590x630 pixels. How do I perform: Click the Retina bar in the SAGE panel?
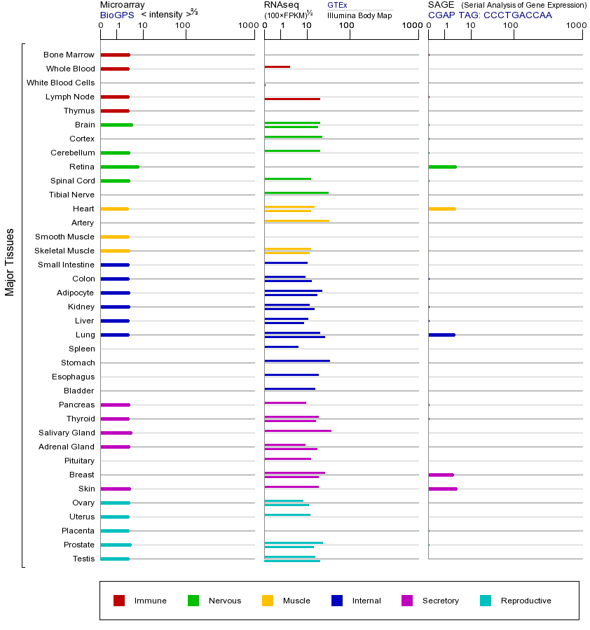[x=442, y=167]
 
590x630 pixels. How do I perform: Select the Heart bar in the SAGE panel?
[x=441, y=209]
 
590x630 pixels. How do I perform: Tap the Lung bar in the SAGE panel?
[x=441, y=335]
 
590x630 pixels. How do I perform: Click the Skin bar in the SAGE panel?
[x=442, y=489]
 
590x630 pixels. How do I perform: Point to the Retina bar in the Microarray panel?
[x=120, y=167]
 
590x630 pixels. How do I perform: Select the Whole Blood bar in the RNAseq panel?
[x=277, y=66]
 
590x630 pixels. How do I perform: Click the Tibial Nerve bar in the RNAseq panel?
[x=296, y=192]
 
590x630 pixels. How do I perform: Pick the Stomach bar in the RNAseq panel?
[x=297, y=360]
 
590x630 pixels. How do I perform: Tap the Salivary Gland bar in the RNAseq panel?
[x=298, y=430]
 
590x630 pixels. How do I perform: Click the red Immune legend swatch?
[x=119, y=601]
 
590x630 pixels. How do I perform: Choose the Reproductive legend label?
[x=526, y=601]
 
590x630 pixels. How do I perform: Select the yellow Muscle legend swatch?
[x=268, y=601]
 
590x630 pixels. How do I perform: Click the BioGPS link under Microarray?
[x=116, y=15]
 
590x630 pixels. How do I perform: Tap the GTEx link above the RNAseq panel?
[x=337, y=5]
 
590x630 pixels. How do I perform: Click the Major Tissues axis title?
[x=10, y=262]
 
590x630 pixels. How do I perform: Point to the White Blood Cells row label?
[x=60, y=83]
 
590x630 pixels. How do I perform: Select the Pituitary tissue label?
[x=78, y=461]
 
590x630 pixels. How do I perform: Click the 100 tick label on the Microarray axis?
[x=182, y=26]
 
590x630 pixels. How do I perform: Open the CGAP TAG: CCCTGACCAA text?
[x=490, y=15]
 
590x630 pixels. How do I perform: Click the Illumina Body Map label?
[x=359, y=15]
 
